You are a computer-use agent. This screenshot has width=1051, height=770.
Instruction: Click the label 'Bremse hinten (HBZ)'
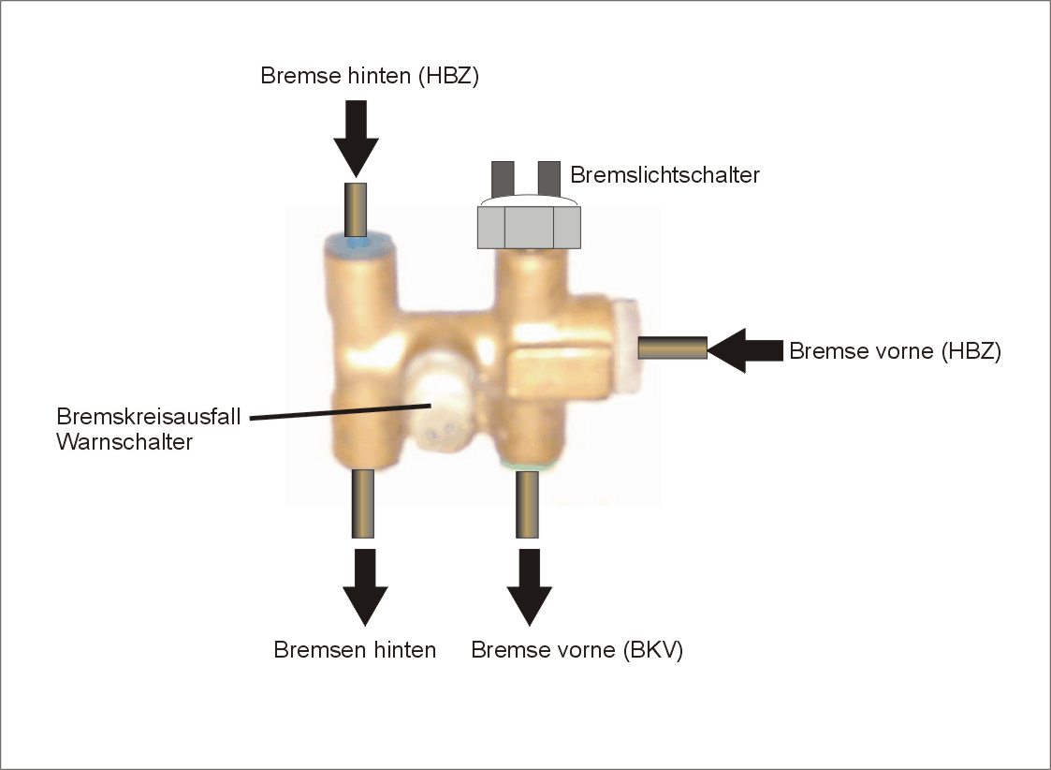coord(370,76)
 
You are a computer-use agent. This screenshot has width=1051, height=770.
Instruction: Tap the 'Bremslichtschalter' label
coord(664,175)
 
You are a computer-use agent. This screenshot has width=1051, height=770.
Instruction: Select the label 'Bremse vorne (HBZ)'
coord(895,351)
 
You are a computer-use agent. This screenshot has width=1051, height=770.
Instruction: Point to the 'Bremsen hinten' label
coord(355,649)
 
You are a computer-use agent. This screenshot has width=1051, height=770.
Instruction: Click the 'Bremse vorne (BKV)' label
coord(577,649)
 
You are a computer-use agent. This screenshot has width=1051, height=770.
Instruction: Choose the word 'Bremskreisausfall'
coord(149,416)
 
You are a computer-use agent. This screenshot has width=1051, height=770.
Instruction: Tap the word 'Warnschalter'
coord(124,441)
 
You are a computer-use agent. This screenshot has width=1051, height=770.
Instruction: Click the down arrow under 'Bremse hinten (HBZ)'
coord(356,137)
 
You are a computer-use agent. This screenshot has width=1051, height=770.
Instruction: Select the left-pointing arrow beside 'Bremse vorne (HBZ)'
coord(744,350)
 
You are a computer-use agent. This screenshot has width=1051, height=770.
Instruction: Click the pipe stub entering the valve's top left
coord(356,210)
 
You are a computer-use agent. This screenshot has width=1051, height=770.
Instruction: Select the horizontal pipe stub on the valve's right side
coord(672,348)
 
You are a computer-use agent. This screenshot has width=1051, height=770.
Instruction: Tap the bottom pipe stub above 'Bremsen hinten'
coord(363,504)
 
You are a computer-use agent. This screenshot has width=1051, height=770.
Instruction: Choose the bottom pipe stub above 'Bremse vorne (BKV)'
coord(529,504)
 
